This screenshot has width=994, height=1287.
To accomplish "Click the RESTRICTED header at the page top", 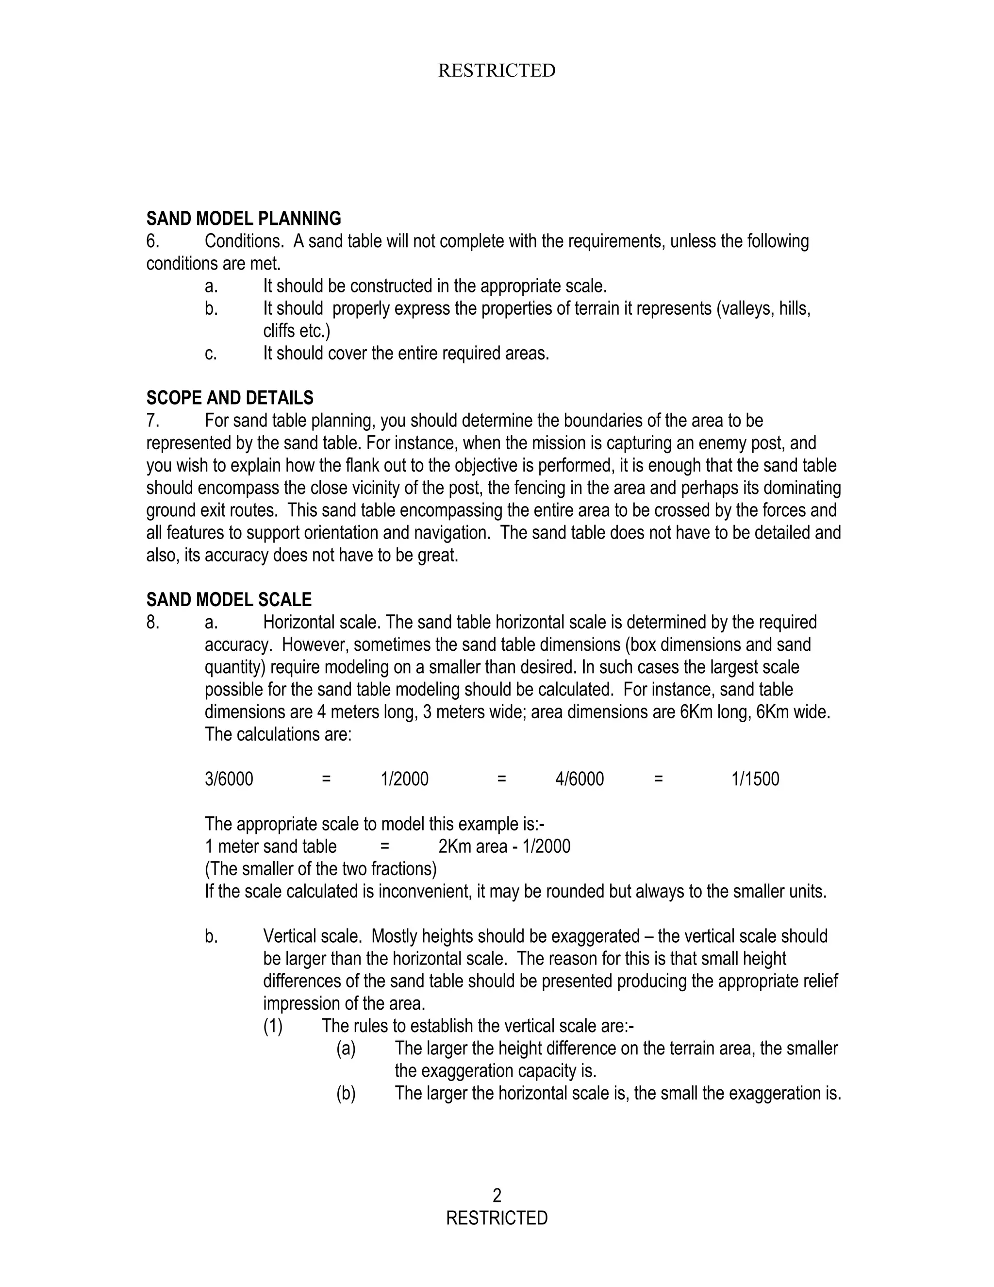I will point(497,71).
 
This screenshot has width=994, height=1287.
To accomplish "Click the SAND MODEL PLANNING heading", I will point(243,219).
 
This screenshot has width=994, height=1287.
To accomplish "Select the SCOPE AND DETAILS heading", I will point(230,398).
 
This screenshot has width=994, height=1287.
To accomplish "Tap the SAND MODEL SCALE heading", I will point(229,600).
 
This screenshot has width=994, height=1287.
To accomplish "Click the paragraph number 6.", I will point(152,241).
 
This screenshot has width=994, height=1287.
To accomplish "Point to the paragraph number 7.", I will point(152,421).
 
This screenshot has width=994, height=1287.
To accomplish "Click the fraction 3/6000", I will point(229,779).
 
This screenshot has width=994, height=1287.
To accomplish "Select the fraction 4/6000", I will point(580,779).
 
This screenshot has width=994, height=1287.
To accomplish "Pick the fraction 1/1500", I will point(755,779).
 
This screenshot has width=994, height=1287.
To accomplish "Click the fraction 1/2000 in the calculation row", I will point(405,779).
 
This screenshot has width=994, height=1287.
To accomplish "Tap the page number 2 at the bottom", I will point(497,1195).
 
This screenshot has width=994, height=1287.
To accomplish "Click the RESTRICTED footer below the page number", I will point(497,1218).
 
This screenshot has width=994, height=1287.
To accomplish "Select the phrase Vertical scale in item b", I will point(312,936).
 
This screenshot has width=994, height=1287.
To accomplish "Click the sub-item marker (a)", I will point(346,1049).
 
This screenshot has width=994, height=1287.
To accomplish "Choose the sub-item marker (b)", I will point(346,1093).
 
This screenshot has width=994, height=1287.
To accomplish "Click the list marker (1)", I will point(273,1026).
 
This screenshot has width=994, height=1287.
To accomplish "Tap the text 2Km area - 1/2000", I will point(504,847).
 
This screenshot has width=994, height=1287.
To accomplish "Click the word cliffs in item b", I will point(279,331).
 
